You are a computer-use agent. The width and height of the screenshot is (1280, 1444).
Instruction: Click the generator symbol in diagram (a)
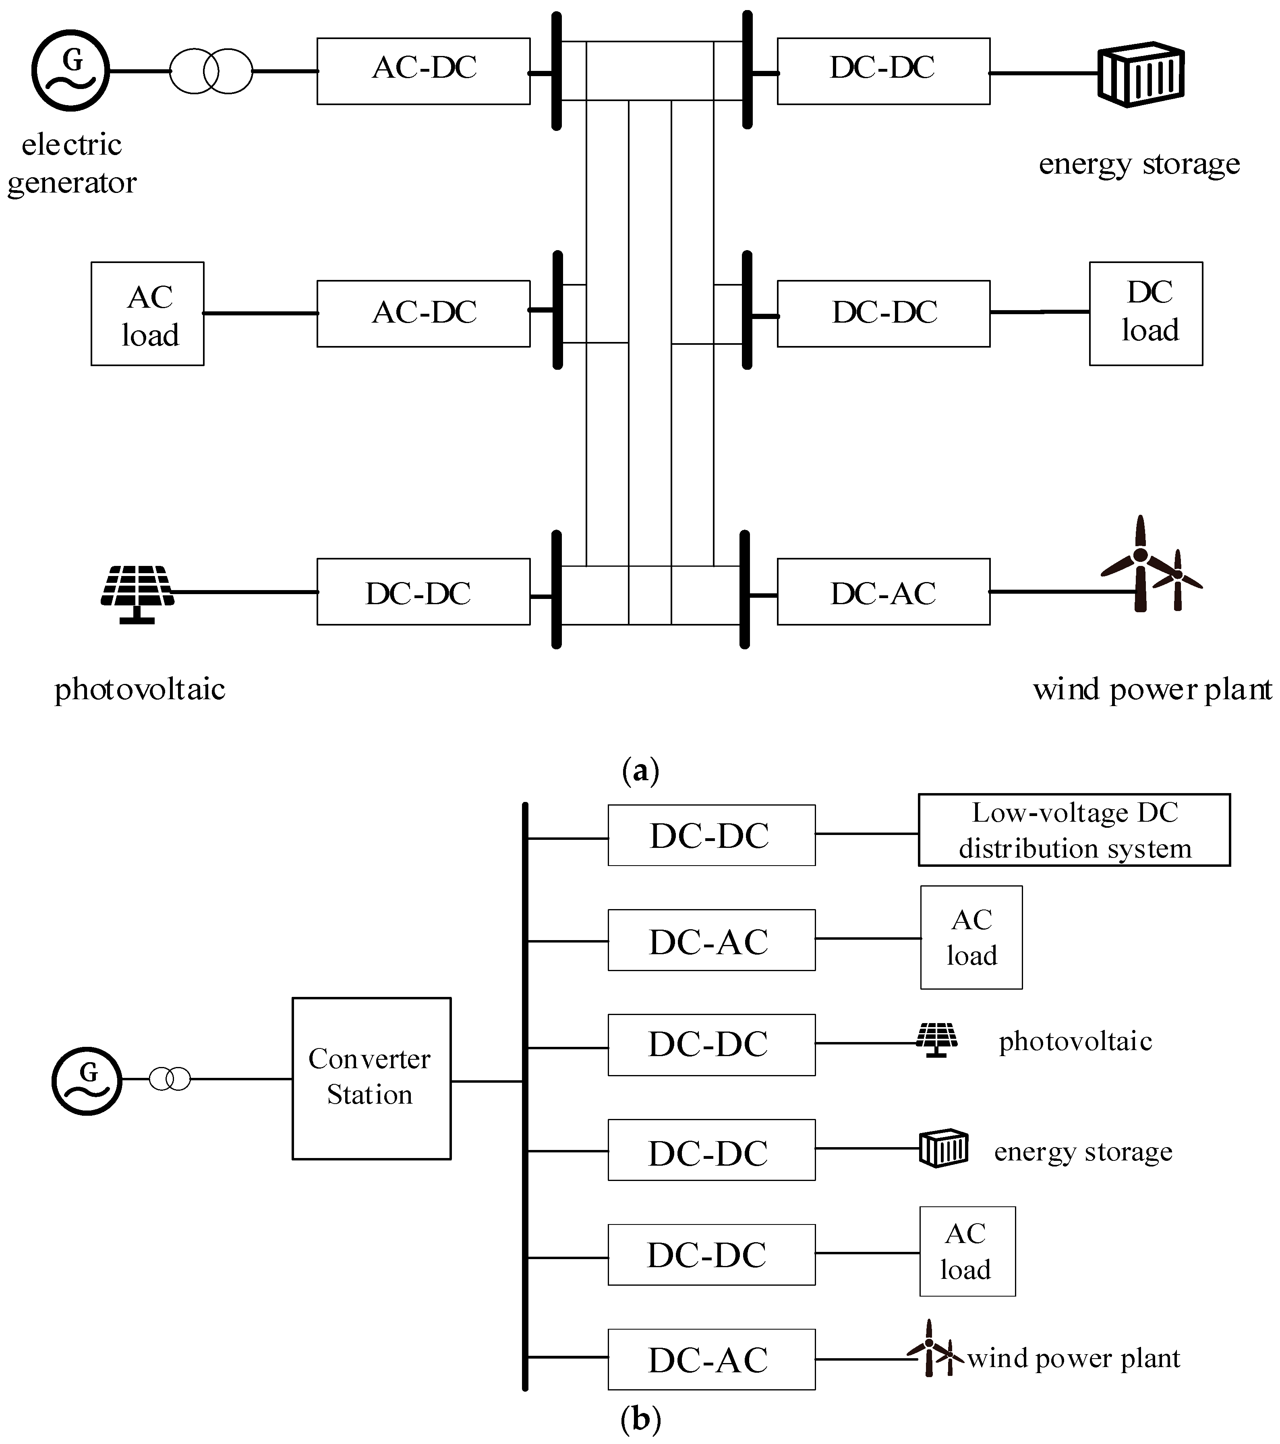pyautogui.click(x=70, y=70)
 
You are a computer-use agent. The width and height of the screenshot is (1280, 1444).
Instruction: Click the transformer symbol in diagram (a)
pyautogui.click(x=211, y=71)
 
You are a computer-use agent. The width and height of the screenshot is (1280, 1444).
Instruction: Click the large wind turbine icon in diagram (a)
pyautogui.click(x=1139, y=565)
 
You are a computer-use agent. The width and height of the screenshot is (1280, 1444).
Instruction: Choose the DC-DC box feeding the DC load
pyautogui.click(x=883, y=313)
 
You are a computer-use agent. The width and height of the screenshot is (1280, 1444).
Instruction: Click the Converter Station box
pyautogui.click(x=371, y=1078)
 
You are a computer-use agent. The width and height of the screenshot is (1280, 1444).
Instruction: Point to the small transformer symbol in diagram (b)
pyautogui.click(x=170, y=1079)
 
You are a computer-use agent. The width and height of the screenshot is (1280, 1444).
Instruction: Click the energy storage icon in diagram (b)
pyautogui.click(x=943, y=1149)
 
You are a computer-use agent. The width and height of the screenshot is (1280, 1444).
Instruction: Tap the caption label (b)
pyautogui.click(x=640, y=1419)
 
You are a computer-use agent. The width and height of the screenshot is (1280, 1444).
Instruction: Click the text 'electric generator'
pyautogui.click(x=71, y=164)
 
